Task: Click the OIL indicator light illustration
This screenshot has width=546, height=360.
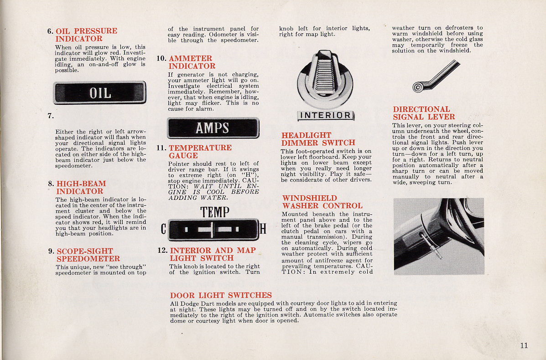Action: point(99,93)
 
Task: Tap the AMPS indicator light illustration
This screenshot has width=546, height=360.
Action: point(213,128)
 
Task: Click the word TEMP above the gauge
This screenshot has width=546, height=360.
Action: point(214,212)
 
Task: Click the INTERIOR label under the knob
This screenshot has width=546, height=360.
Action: point(325,115)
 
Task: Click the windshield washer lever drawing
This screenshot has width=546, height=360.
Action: point(436,77)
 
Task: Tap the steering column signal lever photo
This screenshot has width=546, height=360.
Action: point(438,236)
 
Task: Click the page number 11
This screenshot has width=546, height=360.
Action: point(524,345)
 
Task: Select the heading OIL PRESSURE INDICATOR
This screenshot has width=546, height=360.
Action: point(86,35)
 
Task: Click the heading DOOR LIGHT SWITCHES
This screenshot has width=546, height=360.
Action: point(221,295)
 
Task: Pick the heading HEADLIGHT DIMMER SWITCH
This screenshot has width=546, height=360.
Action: point(318,139)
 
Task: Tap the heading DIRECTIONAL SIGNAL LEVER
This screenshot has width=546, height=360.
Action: point(423,113)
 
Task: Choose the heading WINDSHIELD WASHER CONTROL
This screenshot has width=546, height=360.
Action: point(322,202)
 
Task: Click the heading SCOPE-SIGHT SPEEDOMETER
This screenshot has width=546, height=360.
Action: point(88,255)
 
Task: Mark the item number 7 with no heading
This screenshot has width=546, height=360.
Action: point(50,115)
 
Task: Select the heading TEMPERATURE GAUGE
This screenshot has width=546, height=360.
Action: point(200,151)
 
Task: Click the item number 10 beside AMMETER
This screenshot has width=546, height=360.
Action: point(161,58)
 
